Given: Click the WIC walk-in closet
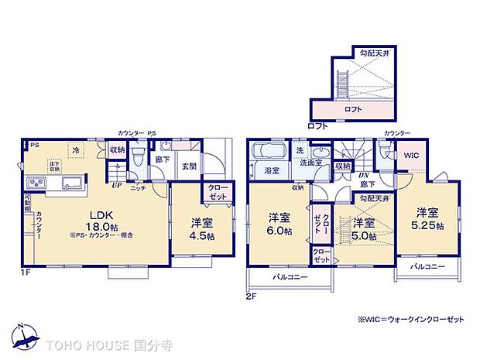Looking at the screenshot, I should point(412,156).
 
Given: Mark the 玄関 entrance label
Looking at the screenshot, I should point(189,165).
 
